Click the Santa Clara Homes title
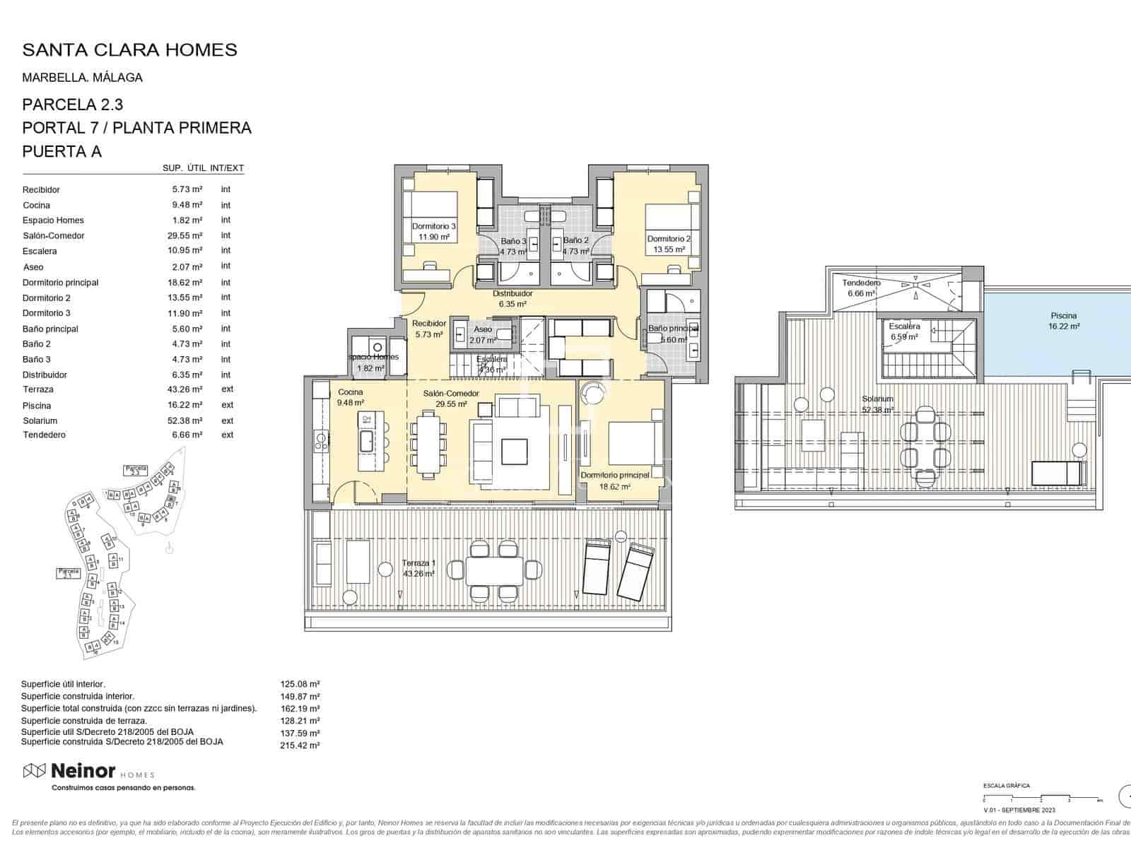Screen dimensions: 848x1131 (x=129, y=49)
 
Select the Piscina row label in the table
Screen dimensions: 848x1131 (x=37, y=406)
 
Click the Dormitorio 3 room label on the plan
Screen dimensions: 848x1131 (x=433, y=231)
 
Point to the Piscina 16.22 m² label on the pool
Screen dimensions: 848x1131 (x=1063, y=321)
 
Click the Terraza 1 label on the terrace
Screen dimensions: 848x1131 (x=418, y=568)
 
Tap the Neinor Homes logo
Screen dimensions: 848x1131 (x=89, y=772)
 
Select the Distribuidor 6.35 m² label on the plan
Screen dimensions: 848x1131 (x=512, y=299)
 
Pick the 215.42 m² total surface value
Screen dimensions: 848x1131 (x=300, y=745)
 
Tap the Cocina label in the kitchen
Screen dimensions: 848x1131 (x=351, y=397)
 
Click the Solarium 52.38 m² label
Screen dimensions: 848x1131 (x=877, y=404)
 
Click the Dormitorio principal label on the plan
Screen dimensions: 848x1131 (x=614, y=481)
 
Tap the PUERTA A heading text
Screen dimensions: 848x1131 (x=62, y=151)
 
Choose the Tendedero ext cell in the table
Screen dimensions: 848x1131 (x=227, y=435)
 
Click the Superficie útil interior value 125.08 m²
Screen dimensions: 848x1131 (x=300, y=684)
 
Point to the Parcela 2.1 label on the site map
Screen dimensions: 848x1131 (x=68, y=573)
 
